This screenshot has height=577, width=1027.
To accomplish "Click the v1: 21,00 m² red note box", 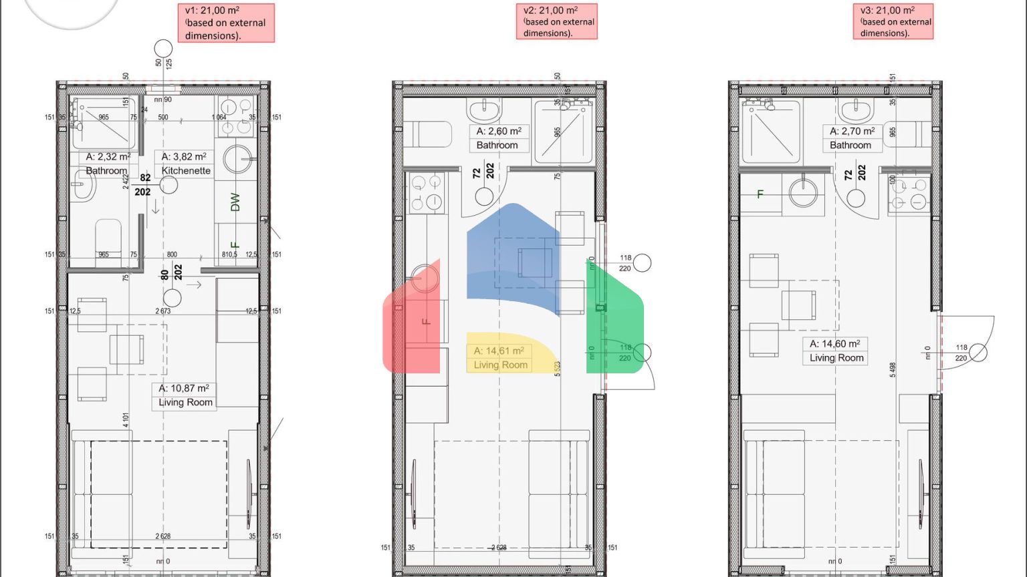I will tap(229, 23).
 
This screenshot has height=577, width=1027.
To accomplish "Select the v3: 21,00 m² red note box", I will tap(893, 21).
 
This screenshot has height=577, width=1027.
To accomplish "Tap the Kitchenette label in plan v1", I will tap(185, 170).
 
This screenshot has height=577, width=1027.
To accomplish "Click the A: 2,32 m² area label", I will tap(108, 156).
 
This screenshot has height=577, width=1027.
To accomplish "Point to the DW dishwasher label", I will tap(235, 202).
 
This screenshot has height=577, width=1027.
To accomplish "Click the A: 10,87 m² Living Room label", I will tap(184, 395).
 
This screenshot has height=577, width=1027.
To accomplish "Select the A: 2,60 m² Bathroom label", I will tap(497, 138).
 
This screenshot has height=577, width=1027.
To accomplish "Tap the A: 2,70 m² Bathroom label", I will tap(851, 138).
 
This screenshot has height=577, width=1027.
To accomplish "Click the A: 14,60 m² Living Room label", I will tap(836, 351).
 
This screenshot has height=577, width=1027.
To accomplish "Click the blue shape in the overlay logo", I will tap(511, 260).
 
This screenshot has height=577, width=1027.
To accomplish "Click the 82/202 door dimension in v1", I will tap(143, 185).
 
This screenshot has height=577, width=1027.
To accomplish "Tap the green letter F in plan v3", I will tap(760, 194).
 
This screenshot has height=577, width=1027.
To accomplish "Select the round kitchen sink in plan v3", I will tap(803, 193).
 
